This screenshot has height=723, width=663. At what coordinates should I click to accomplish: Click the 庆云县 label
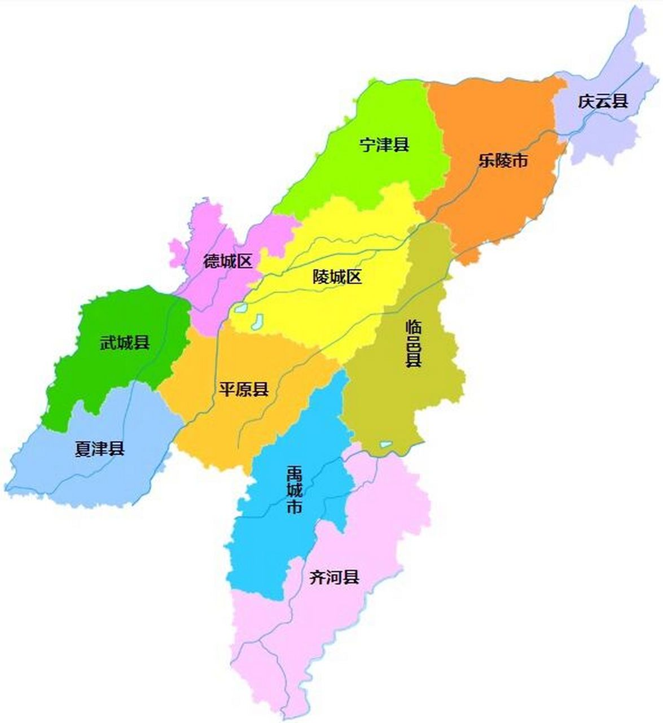tap(603, 102)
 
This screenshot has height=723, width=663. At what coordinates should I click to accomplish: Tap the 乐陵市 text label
tap(503, 160)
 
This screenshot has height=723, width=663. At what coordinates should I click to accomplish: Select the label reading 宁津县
tap(384, 145)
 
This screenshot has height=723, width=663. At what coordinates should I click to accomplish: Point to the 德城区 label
tap(228, 261)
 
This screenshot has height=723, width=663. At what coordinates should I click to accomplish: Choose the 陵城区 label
tap(337, 277)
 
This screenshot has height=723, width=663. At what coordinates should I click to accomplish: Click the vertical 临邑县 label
tap(414, 343)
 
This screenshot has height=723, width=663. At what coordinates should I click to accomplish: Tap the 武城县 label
tap(125, 342)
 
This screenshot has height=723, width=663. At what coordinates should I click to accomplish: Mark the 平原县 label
tap(244, 389)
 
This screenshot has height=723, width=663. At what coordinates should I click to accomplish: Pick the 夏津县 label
tap(99, 449)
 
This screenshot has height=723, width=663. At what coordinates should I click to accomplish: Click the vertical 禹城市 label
tap(294, 489)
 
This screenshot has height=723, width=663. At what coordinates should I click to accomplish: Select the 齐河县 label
tap(335, 577)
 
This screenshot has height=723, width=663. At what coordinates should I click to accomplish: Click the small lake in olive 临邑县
tap(385, 445)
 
